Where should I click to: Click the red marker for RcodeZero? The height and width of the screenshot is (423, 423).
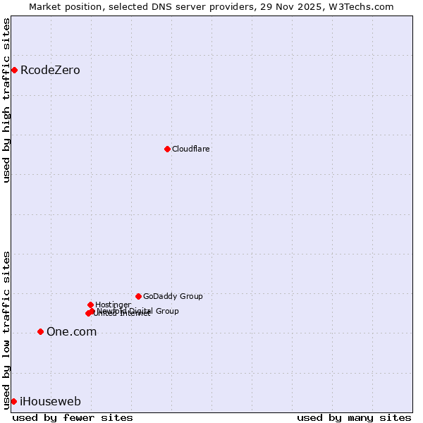pos(14,70)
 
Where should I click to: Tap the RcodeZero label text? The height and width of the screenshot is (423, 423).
pos(50,70)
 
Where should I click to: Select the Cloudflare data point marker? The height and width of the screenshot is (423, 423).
pos(167,149)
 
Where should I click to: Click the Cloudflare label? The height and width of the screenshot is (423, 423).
pos(191,149)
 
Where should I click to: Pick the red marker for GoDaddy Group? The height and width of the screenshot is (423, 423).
pos(138,296)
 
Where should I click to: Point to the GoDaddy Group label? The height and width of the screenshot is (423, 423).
pos(173,297)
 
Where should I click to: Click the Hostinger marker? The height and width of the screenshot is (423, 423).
pos(90,305)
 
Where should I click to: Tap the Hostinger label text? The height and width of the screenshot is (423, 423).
pos(113,305)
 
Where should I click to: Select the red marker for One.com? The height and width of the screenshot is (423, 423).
pos(40,331)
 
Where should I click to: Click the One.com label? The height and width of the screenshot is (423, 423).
pos(71,332)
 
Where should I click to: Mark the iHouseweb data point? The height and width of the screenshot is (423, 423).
pos(13,401)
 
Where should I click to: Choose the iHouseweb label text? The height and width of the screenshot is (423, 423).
pos(50,402)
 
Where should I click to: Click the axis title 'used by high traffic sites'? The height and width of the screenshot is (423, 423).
pos(7,100)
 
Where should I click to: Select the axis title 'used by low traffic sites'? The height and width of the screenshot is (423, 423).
pos(7,329)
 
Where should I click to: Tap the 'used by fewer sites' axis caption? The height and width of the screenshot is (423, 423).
pos(73,417)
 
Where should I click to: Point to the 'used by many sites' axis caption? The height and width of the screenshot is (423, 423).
pos(354,417)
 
